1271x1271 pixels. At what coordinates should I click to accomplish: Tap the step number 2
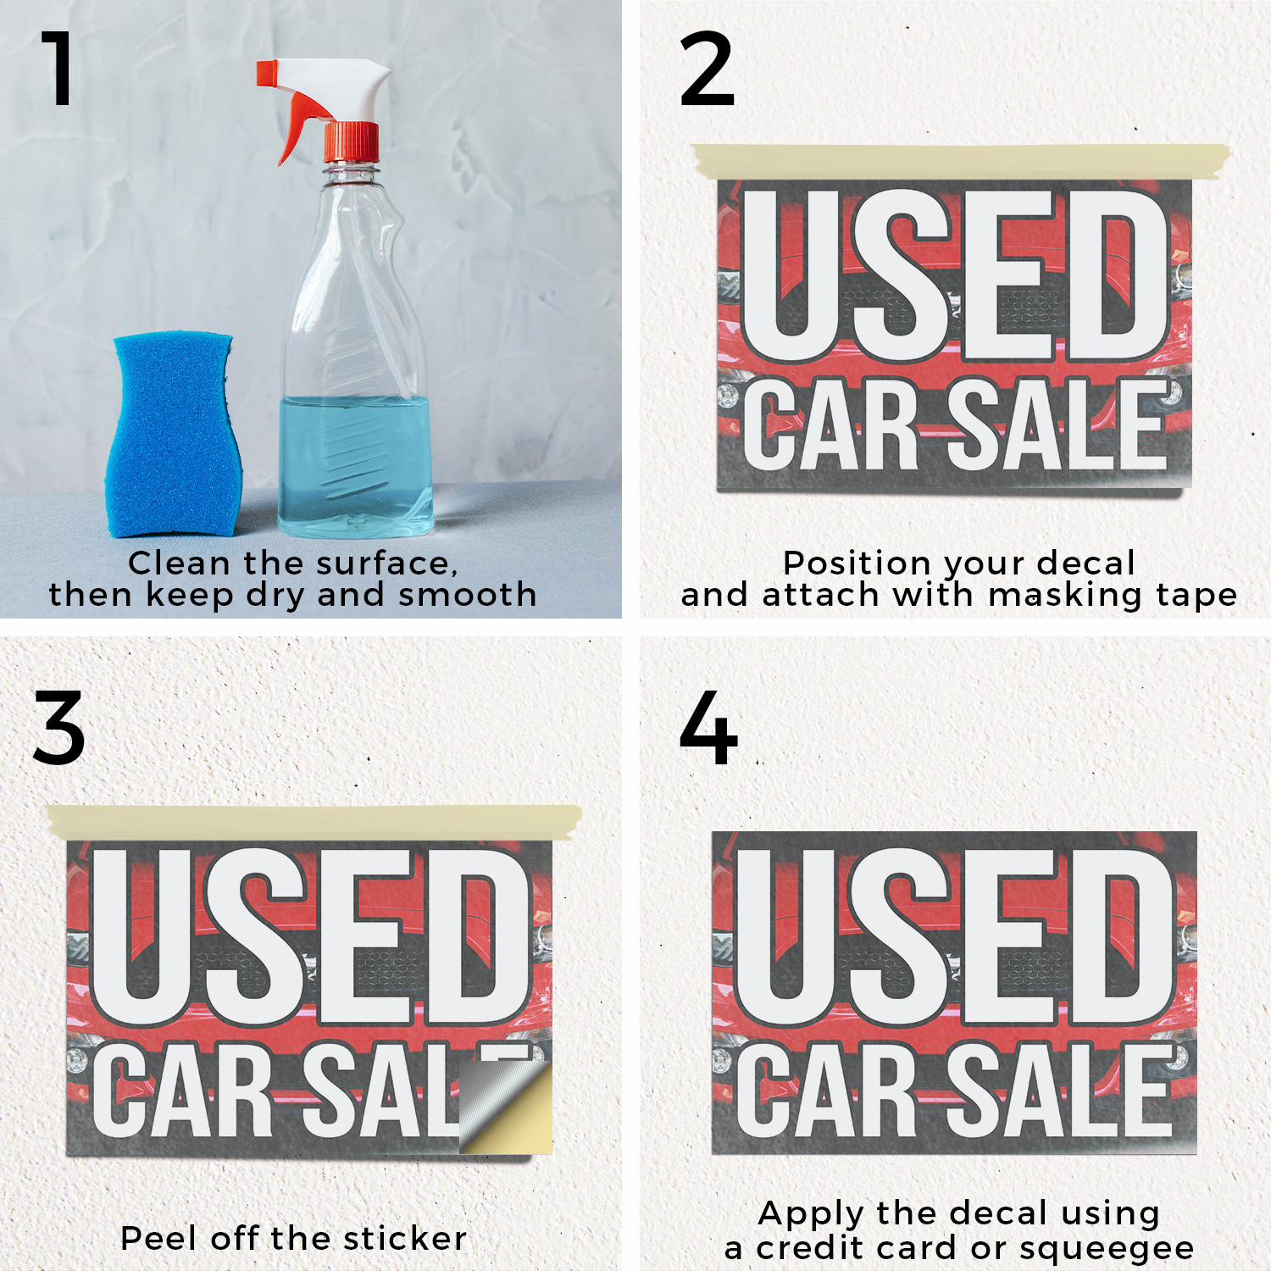(x=707, y=69)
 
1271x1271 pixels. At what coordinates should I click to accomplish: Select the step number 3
(x=59, y=728)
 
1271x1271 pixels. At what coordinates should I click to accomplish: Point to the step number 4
(x=708, y=728)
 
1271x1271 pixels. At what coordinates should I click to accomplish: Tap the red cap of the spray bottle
(x=351, y=142)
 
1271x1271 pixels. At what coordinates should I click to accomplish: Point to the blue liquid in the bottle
(x=356, y=466)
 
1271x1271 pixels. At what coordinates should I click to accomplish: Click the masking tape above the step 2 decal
(x=960, y=162)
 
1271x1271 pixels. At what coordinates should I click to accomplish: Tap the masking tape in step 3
(x=314, y=823)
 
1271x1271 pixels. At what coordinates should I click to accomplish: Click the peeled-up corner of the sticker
(x=506, y=1107)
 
